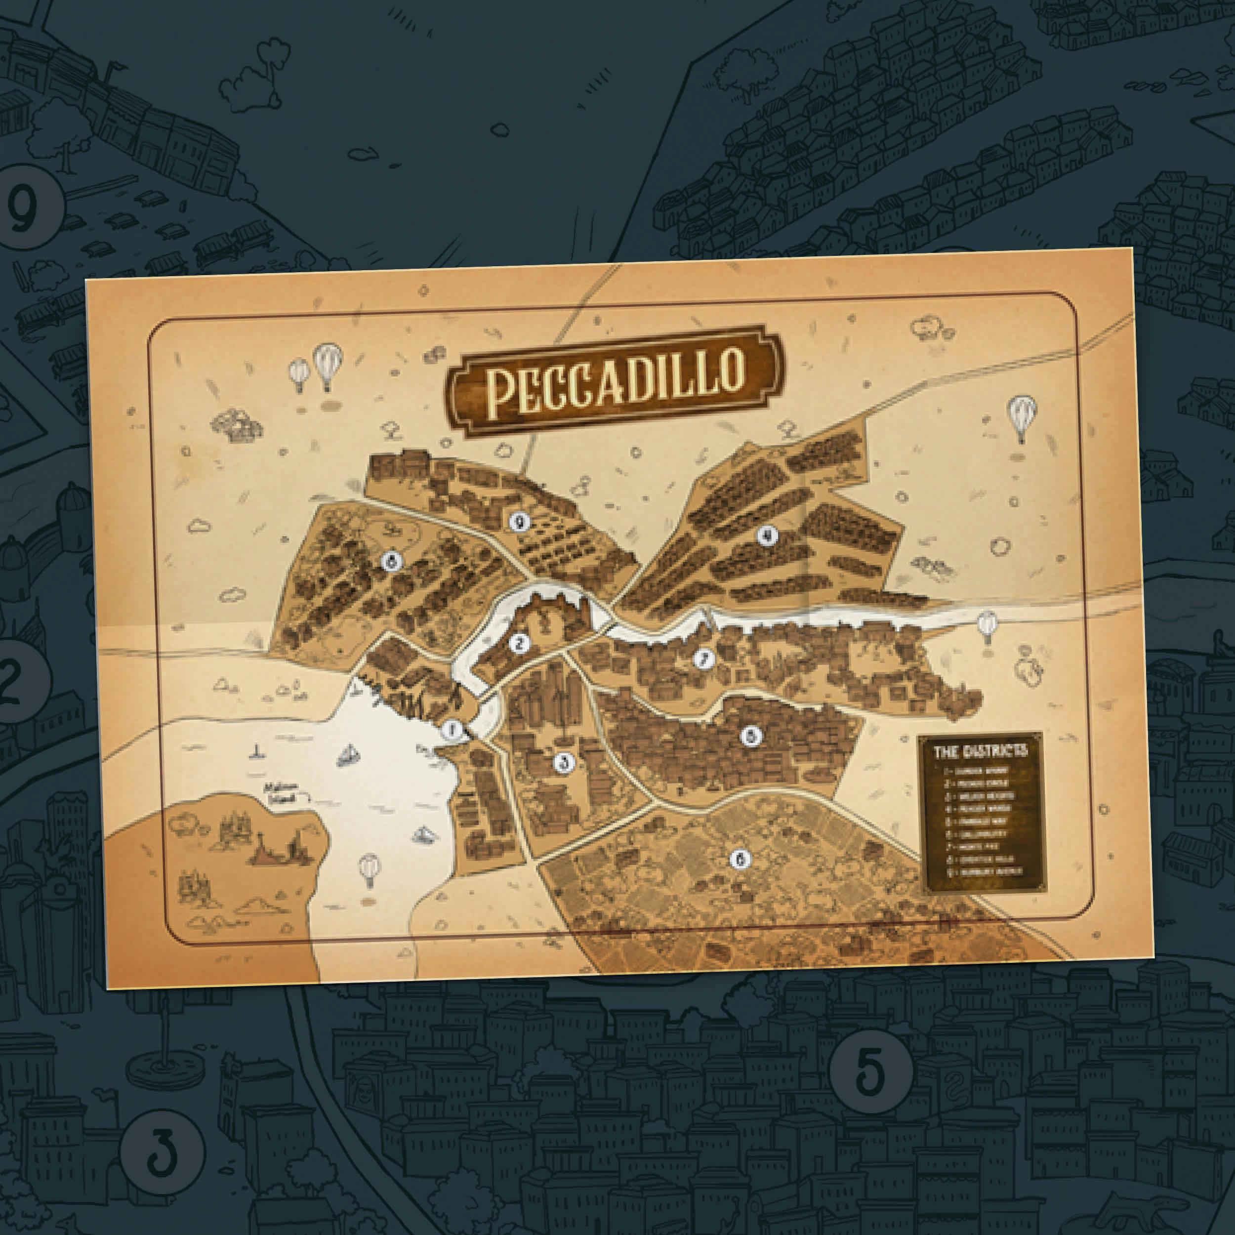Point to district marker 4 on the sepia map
point(767,535)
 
